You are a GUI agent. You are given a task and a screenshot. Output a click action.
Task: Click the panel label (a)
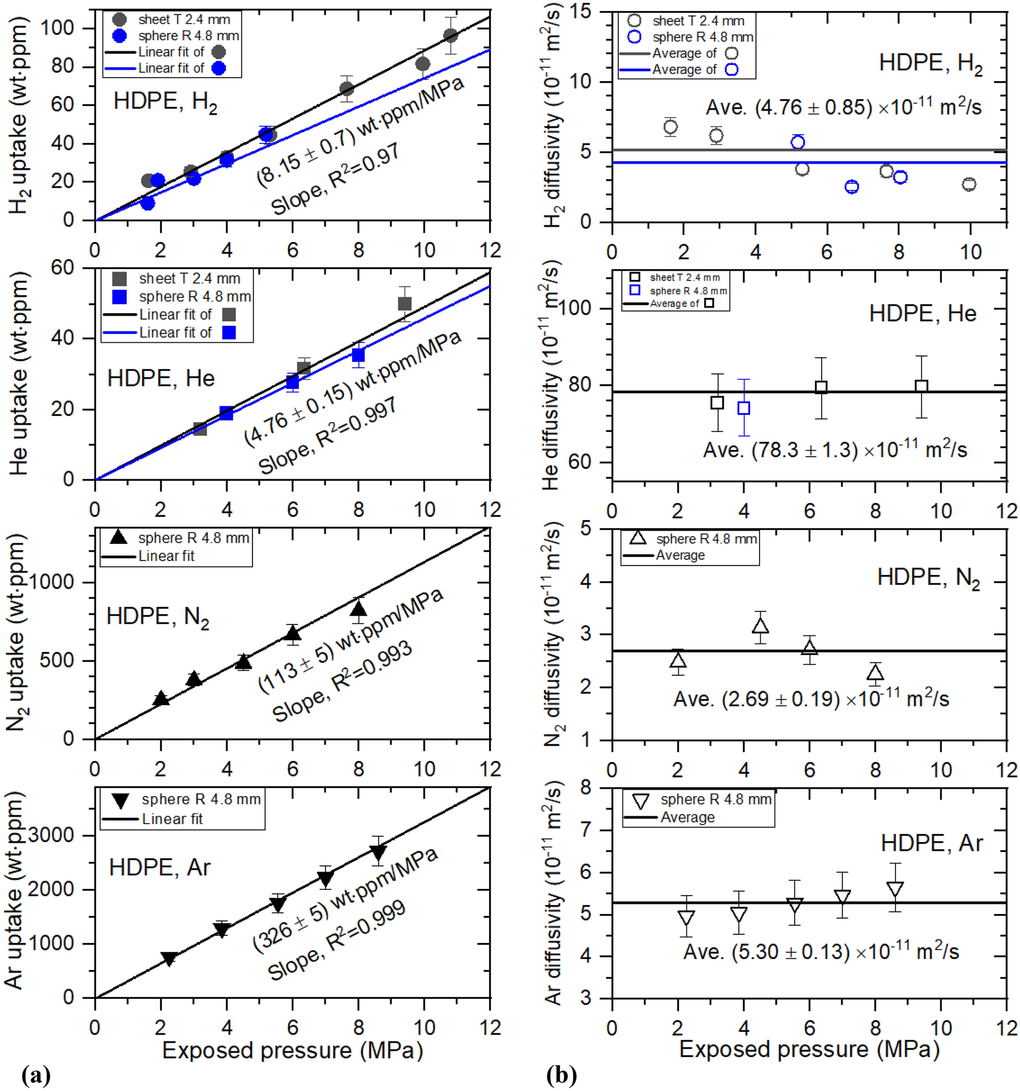click(x=36, y=1075)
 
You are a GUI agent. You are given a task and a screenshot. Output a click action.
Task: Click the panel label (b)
click(x=561, y=1075)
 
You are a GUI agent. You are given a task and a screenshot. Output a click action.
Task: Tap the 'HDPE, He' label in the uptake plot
click(x=161, y=378)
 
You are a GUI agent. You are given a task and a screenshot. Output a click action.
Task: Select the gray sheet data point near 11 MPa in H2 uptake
click(x=451, y=36)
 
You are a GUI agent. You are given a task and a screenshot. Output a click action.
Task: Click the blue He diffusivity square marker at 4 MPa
click(x=744, y=408)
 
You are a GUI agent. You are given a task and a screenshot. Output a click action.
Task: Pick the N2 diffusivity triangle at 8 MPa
click(x=875, y=672)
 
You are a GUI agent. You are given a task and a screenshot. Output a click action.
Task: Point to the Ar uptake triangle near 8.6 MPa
click(x=378, y=851)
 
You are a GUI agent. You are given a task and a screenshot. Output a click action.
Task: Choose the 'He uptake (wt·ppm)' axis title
click(x=18, y=374)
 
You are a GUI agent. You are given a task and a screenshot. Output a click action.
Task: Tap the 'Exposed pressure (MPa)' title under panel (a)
click(x=293, y=1050)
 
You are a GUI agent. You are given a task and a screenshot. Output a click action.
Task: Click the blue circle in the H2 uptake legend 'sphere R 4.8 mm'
click(x=119, y=36)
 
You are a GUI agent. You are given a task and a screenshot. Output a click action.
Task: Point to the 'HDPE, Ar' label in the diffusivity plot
click(x=931, y=843)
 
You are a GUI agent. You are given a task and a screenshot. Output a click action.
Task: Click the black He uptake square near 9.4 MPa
click(x=405, y=304)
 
